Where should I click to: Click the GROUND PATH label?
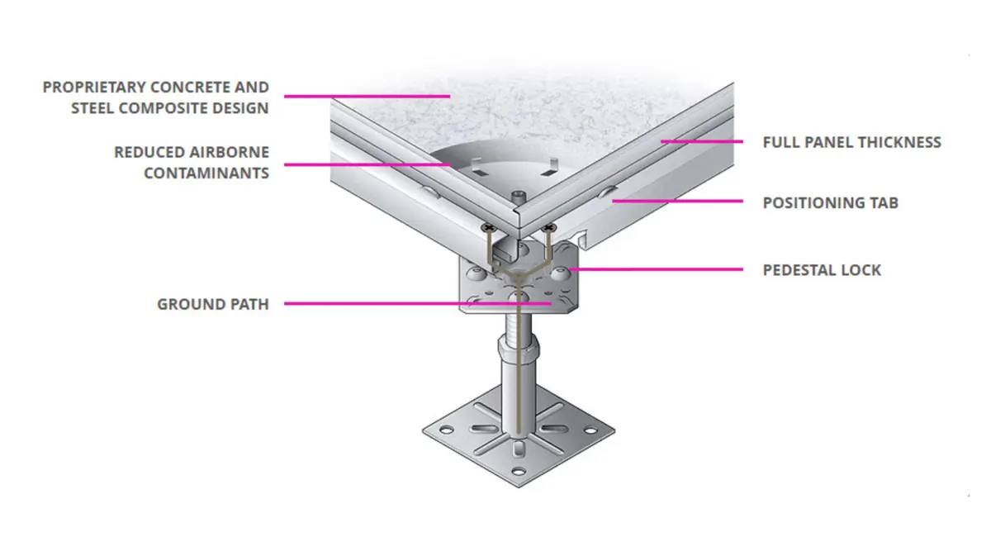213,305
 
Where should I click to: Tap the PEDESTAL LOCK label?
822,270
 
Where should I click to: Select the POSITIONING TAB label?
831,202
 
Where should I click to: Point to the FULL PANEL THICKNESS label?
852,142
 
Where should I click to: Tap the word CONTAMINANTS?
206,173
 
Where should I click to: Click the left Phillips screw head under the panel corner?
488,228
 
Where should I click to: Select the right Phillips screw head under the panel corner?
549,228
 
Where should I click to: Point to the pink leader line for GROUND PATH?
418,304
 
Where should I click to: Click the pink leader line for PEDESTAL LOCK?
656,269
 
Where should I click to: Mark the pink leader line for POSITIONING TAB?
678,201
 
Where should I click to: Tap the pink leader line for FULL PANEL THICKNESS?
702,141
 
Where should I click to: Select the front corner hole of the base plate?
518,472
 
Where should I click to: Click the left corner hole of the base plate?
446,430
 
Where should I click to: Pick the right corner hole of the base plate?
590,430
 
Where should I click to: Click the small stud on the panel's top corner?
519,196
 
